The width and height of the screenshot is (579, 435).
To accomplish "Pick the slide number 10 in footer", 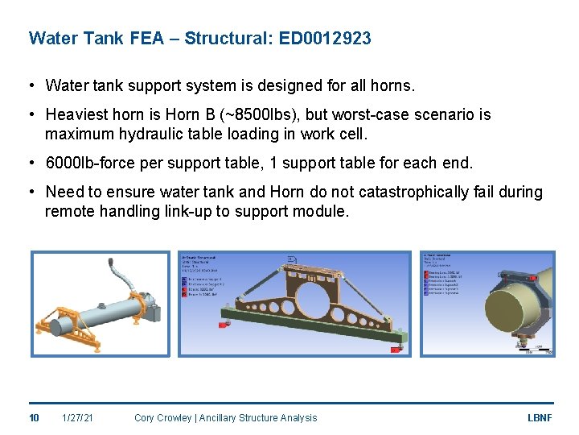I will (x=35, y=417).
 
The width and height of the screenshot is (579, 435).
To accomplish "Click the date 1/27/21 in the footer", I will (x=77, y=417).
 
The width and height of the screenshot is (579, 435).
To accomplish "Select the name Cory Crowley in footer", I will (x=164, y=417).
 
